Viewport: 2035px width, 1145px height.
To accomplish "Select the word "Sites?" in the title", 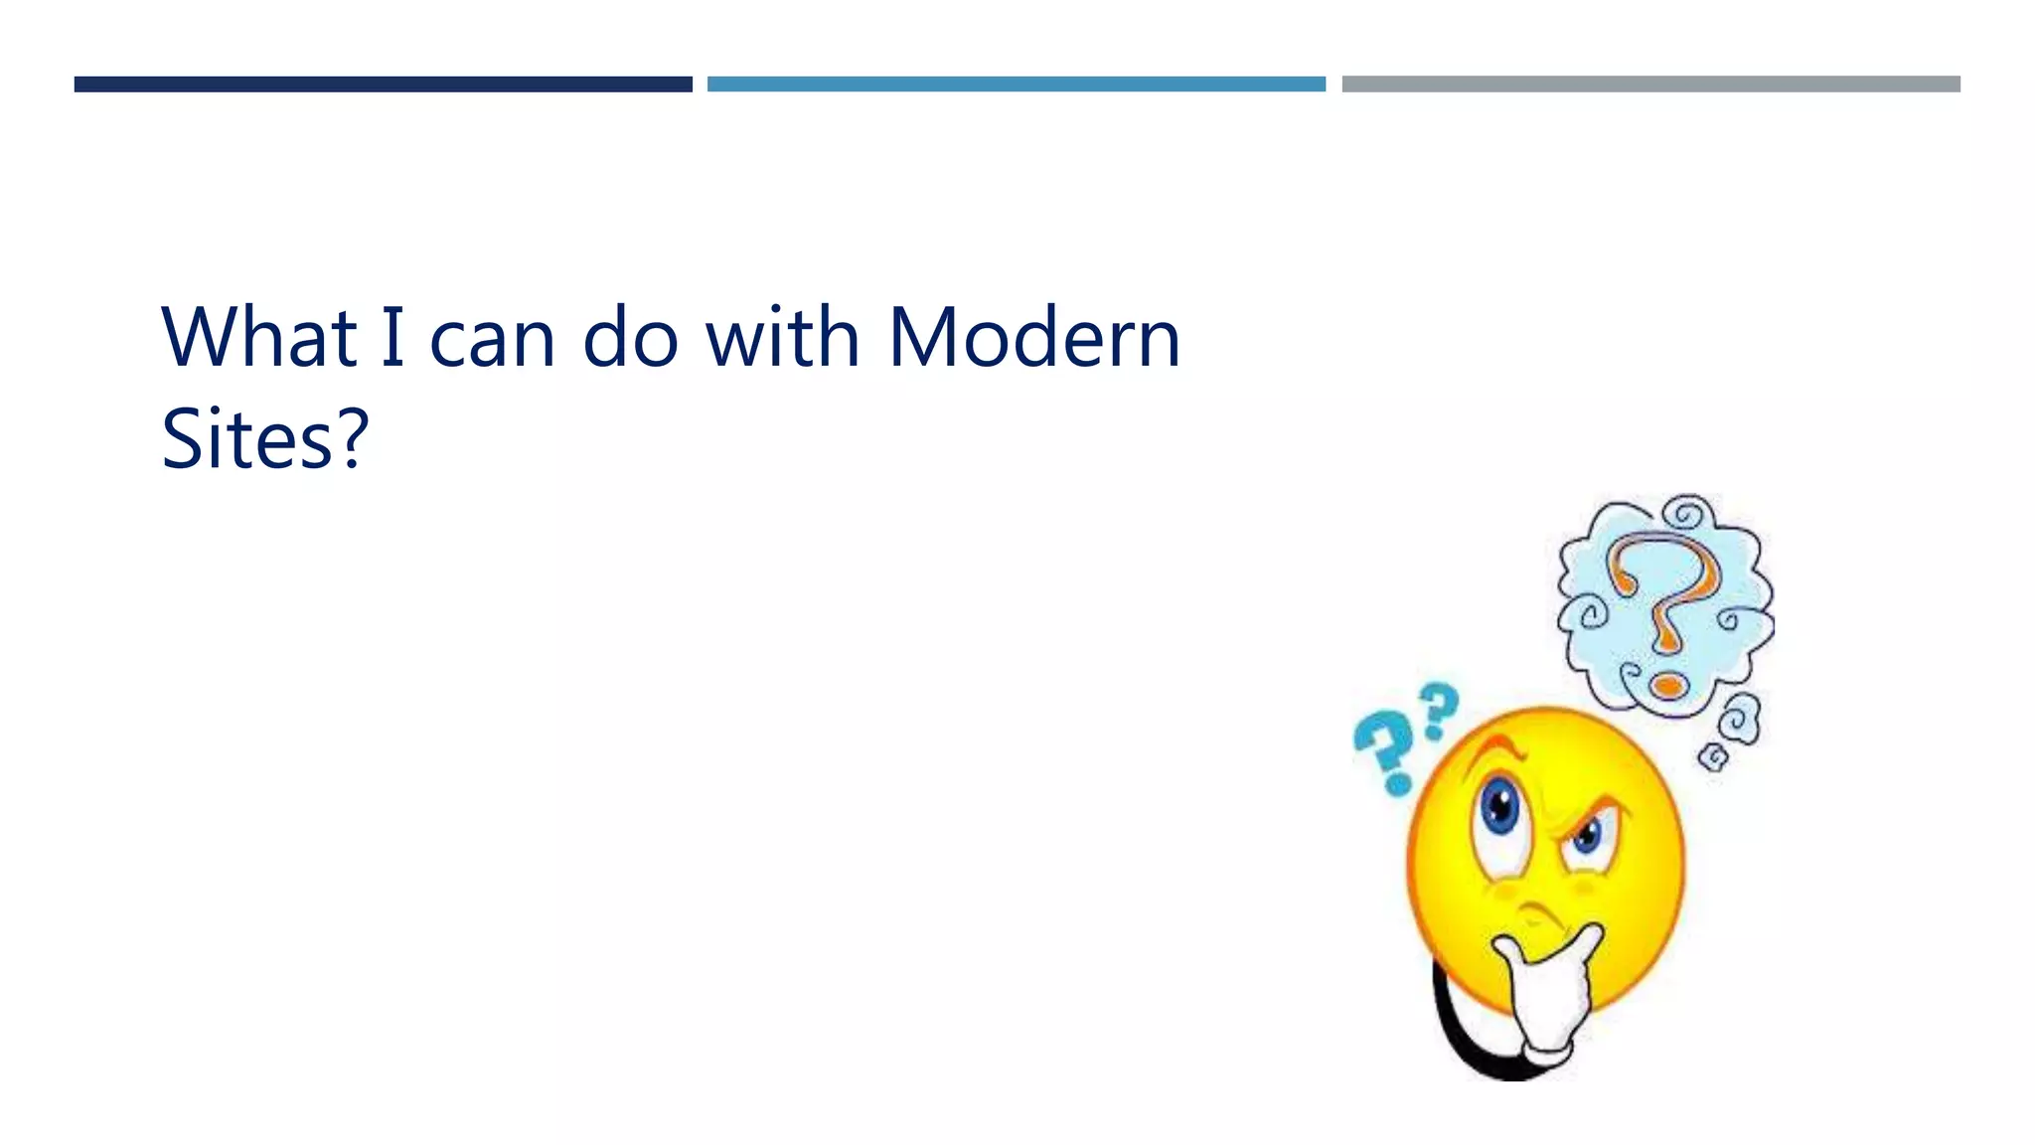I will pos(264,438).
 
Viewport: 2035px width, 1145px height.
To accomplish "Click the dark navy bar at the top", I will pos(383,84).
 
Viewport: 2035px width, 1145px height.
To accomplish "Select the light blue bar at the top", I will pos(1016,84).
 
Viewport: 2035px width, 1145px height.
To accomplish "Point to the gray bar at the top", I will pos(1650,84).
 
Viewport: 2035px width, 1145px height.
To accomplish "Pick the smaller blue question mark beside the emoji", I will pos(1438,708).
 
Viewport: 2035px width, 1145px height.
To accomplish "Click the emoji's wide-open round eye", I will pos(1499,807).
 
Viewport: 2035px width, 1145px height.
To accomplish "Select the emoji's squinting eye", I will pos(1586,836).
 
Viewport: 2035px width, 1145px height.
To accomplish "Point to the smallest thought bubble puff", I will pos(1713,758).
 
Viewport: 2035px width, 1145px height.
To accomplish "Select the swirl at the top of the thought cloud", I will pos(1685,515).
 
